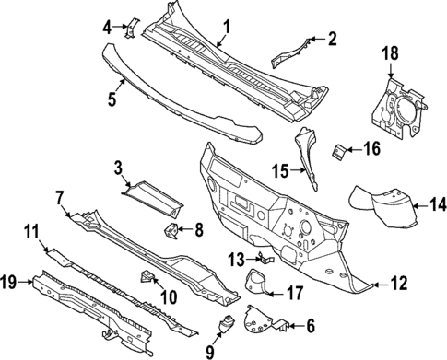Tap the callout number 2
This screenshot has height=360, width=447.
[x=333, y=38]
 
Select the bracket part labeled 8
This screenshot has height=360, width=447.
[x=171, y=229]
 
